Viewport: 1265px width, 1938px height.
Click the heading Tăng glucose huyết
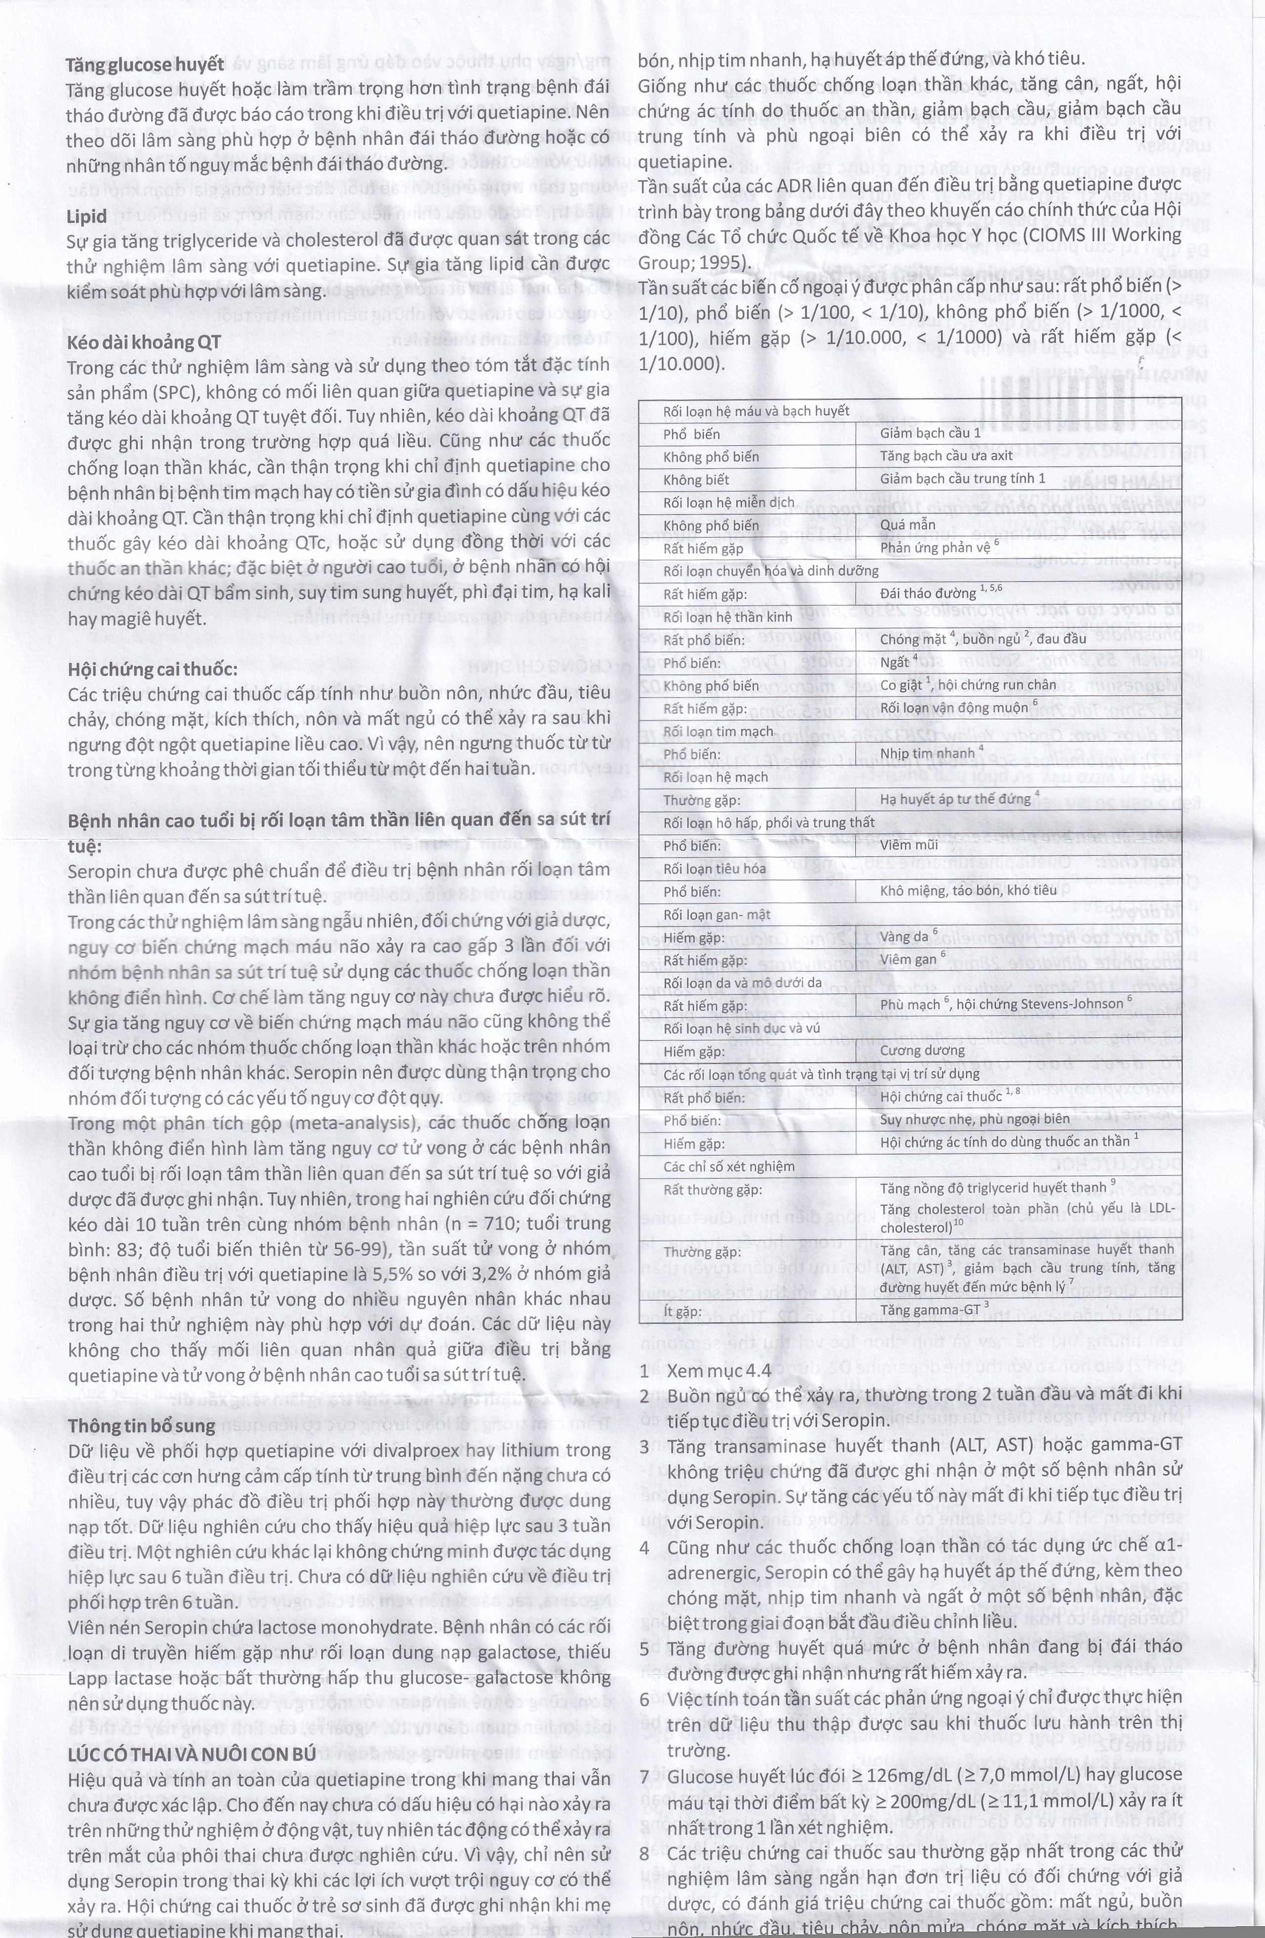(x=145, y=65)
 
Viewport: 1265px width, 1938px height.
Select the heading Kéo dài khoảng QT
(x=144, y=342)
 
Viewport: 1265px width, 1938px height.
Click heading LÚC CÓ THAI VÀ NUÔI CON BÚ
(x=191, y=1752)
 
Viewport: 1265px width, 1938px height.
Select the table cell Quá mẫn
(x=908, y=525)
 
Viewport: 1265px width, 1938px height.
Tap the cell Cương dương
(x=922, y=1051)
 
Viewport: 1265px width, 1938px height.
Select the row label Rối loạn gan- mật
(x=717, y=915)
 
